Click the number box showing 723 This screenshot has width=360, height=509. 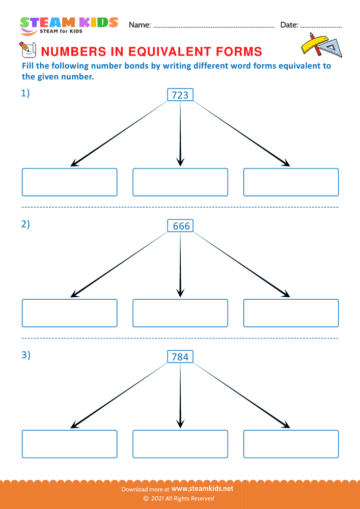[180, 95]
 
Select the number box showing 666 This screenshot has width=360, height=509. [180, 225]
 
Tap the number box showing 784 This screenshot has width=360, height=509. [180, 357]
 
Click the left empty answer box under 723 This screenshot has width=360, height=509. [69, 182]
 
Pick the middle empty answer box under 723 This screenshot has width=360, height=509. [180, 182]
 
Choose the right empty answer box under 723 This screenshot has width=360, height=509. [291, 182]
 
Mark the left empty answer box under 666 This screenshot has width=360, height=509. [69, 313]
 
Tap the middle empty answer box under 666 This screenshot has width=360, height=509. [180, 313]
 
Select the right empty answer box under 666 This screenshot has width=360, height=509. [291, 313]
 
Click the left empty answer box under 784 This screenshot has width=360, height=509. [69, 444]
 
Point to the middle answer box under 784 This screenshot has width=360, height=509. [180, 444]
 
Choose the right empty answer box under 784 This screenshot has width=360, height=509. [291, 444]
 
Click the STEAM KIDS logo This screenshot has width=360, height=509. [69, 25]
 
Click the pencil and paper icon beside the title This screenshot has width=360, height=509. [26, 49]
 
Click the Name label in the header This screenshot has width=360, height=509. [140, 25]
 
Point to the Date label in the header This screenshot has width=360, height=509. [289, 25]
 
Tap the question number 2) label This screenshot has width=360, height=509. [25, 224]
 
